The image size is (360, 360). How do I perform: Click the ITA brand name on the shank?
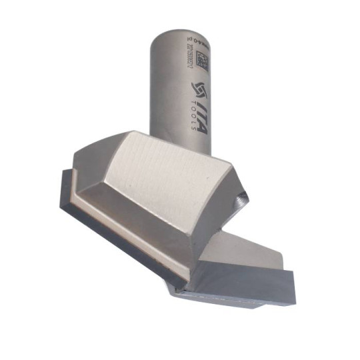tap(201, 117)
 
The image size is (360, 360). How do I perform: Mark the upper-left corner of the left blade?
tap(61, 171)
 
